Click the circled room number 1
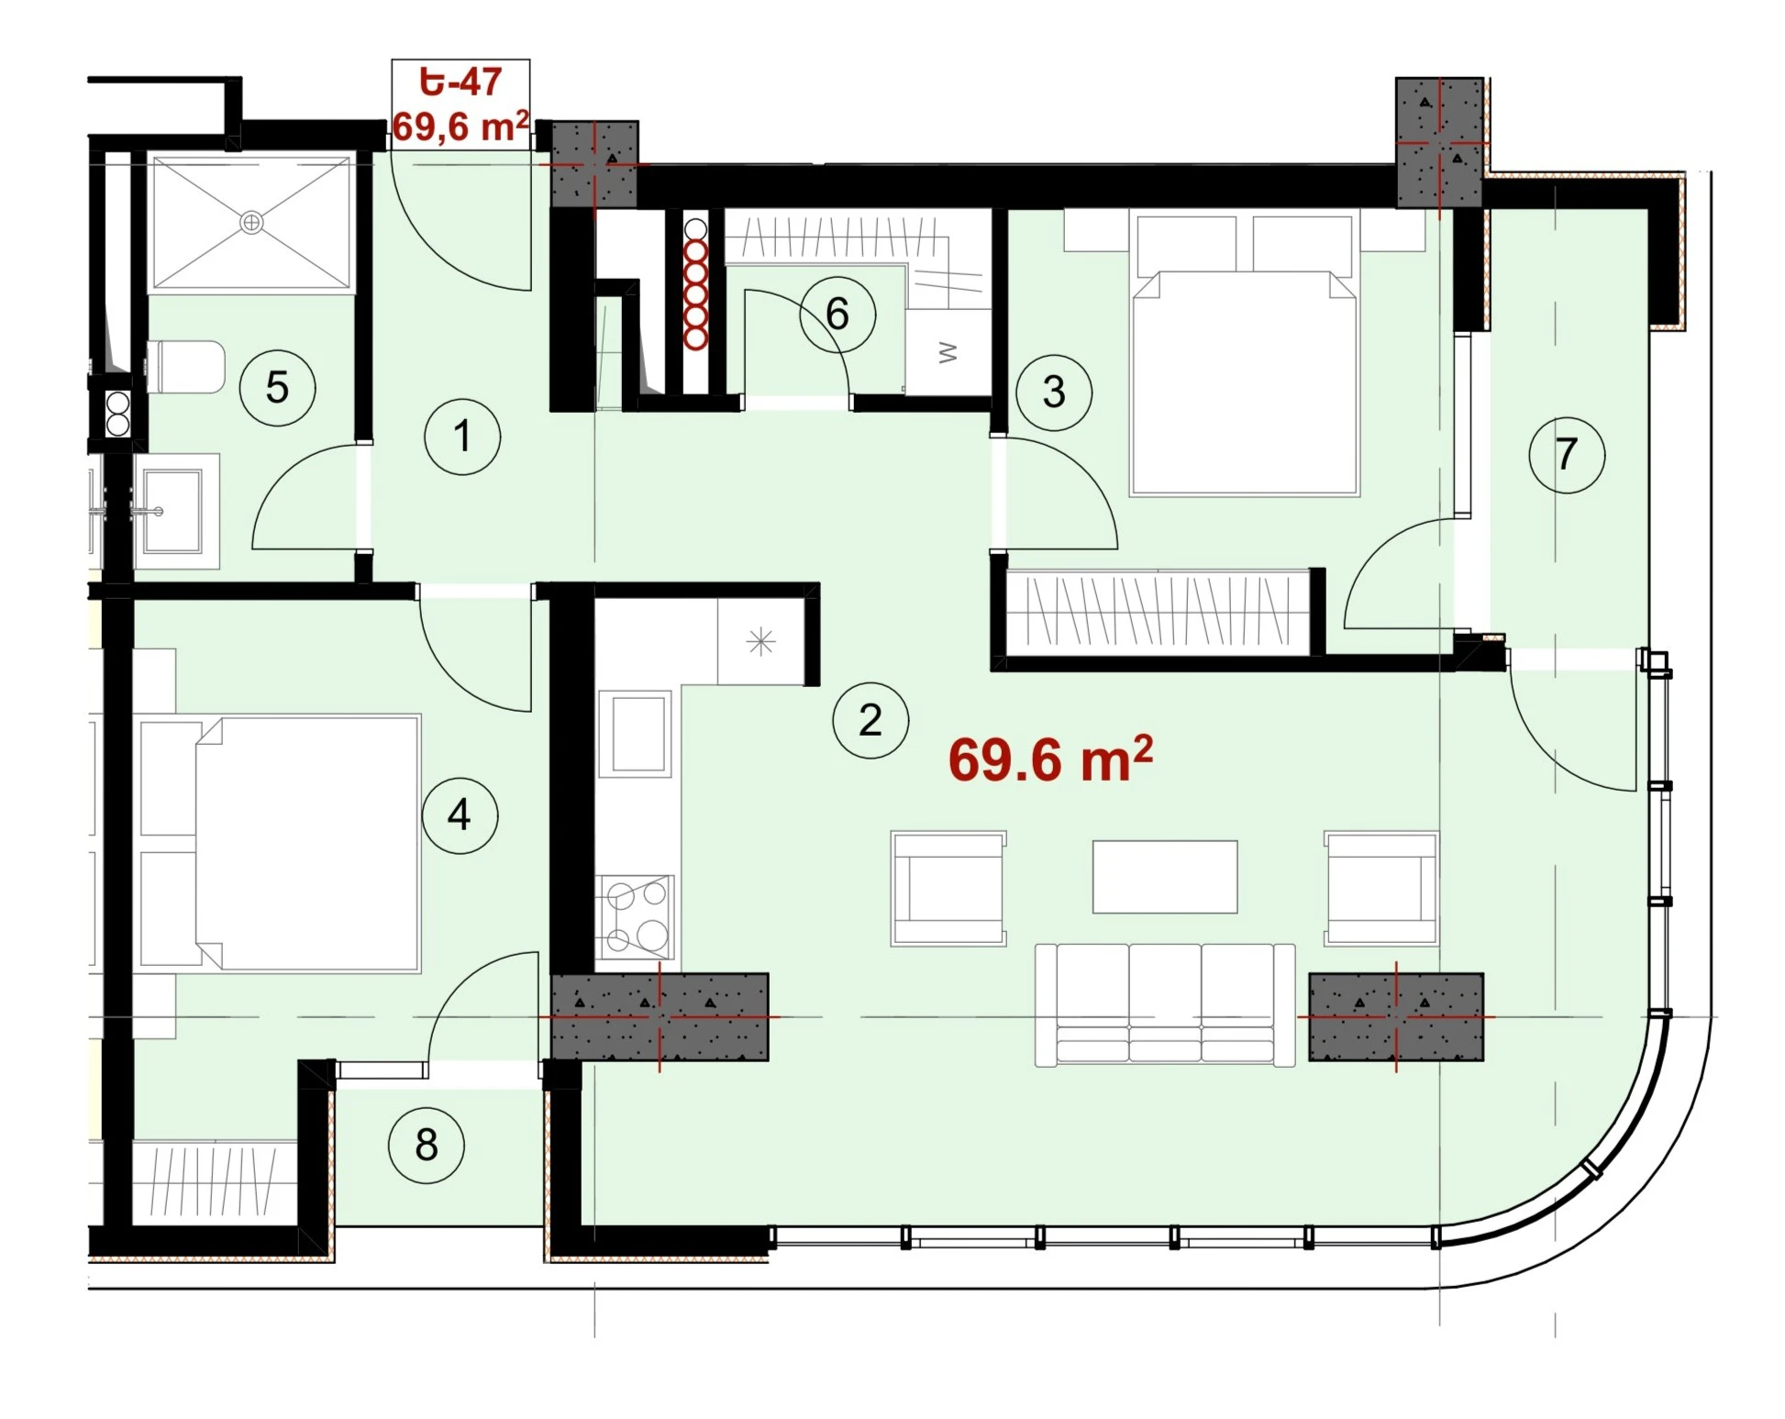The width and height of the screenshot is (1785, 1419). tap(462, 437)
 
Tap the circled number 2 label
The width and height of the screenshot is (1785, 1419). tap(870, 720)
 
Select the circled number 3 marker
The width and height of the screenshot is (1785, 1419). tap(1054, 393)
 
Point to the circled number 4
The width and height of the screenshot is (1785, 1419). tap(460, 815)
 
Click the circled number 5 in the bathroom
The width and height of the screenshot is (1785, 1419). tap(277, 387)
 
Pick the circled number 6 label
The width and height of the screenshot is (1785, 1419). tap(837, 315)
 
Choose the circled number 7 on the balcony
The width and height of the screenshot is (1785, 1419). tap(1567, 454)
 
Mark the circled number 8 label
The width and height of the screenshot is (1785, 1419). tap(427, 1145)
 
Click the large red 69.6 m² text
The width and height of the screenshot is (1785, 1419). tap(1050, 759)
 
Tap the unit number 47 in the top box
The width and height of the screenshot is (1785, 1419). tap(481, 82)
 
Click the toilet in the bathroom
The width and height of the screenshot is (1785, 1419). tap(185, 367)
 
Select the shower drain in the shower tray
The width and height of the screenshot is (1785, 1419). tap(251, 222)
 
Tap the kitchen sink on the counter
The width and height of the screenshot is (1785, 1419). tap(635, 734)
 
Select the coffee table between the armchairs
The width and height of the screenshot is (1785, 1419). tap(1165, 877)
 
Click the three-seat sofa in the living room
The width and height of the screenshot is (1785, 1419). tap(1165, 1005)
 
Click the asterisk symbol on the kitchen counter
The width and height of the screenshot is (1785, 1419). tap(760, 642)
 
